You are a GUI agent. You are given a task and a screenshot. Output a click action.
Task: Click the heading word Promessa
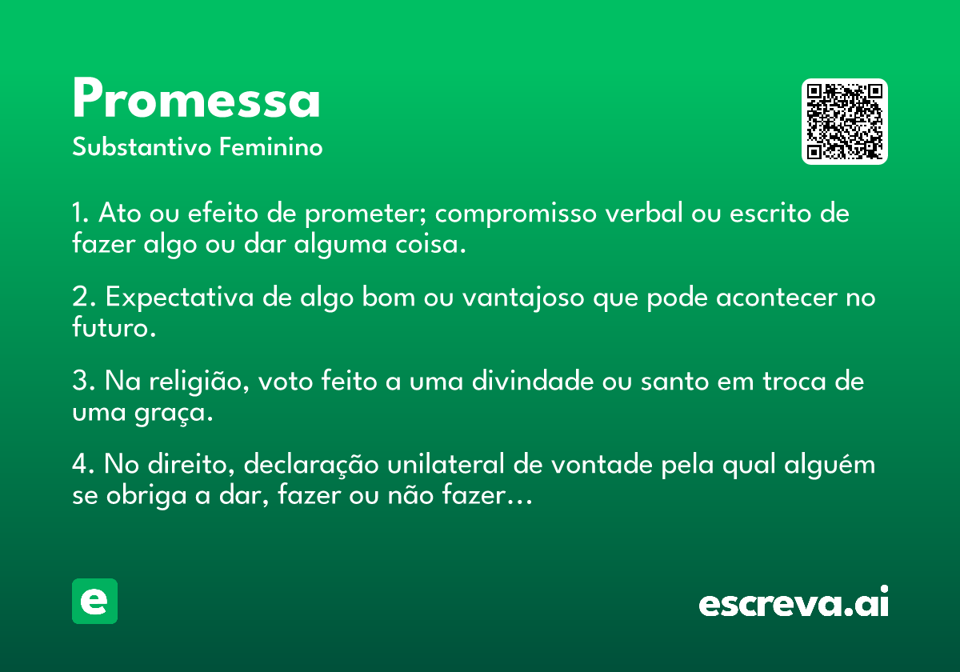[x=196, y=100]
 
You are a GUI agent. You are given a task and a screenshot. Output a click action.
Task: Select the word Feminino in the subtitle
[x=271, y=148]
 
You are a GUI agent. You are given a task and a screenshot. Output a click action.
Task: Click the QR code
[x=845, y=122]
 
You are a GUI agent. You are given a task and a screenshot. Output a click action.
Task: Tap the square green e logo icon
[x=94, y=602]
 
